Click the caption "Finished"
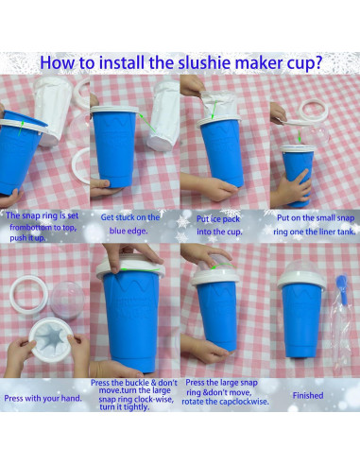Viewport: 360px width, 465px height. tap(308, 395)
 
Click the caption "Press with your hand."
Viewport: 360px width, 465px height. tap(43, 398)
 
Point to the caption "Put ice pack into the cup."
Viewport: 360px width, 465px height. tap(219, 225)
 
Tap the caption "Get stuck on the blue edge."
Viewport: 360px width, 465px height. tap(130, 224)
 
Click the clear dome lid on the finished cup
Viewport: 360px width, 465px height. tap(301, 267)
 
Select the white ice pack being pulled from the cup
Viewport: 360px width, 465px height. tap(218, 105)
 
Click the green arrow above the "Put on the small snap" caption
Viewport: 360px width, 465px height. tap(300, 136)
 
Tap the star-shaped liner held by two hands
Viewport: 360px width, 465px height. tap(51, 339)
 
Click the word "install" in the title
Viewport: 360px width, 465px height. tap(121, 62)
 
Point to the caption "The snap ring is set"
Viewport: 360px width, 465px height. tap(42, 215)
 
